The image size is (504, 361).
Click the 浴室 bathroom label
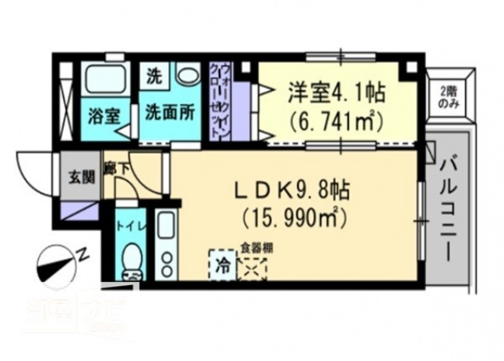pyautogui.click(x=103, y=114)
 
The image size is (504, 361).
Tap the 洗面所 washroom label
pyautogui.click(x=169, y=114)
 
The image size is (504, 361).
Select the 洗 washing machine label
pyautogui.click(x=154, y=77)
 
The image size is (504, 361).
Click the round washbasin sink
pyautogui.click(x=188, y=77)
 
